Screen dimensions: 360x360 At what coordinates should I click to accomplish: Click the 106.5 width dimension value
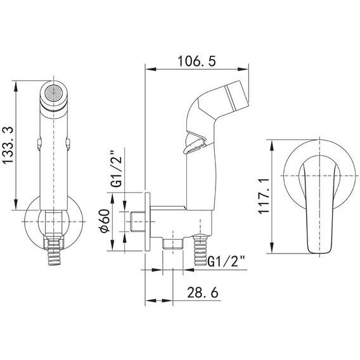[196, 61]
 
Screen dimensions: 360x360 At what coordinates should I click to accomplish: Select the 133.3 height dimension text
[8, 145]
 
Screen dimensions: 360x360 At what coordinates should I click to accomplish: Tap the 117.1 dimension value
[263, 196]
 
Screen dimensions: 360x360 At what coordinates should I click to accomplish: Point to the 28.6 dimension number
[203, 293]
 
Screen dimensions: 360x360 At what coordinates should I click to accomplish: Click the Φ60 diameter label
[105, 221]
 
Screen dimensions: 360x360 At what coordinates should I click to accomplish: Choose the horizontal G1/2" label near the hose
[226, 262]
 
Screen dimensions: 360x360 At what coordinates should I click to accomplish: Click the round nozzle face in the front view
[54, 93]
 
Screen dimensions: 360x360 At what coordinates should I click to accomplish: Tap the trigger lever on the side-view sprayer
[195, 144]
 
